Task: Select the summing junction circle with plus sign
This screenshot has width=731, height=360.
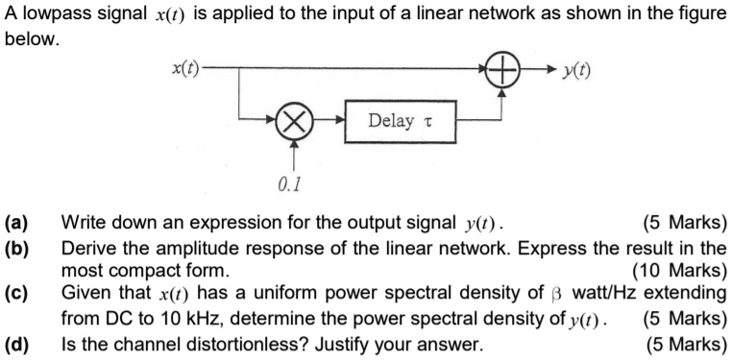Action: (x=502, y=69)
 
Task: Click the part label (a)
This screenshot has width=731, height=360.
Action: (x=17, y=227)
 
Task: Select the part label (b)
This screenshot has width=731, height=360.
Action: (x=17, y=249)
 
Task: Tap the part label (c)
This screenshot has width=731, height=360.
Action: (x=17, y=293)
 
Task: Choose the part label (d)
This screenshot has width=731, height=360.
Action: (x=17, y=343)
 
